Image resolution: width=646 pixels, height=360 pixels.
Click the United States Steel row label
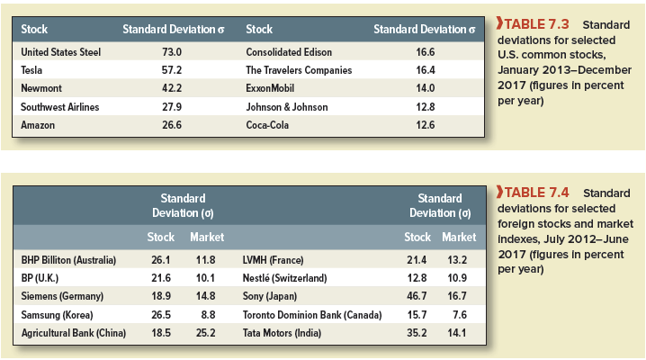tap(60, 52)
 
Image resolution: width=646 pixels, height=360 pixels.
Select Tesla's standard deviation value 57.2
tap(171, 70)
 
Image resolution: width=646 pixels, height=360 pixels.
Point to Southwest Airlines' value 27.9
tap(171, 106)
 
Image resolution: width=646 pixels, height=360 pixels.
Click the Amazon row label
tap(39, 124)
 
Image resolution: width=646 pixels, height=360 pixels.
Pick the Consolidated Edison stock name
tap(289, 52)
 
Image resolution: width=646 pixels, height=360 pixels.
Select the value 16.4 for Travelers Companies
tap(426, 70)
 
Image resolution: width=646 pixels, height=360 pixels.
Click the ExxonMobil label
tap(270, 88)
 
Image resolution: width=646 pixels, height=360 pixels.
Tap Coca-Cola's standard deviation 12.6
tap(426, 124)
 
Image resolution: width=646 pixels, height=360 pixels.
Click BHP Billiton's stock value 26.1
tap(159, 260)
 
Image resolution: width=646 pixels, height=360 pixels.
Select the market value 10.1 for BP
tap(206, 278)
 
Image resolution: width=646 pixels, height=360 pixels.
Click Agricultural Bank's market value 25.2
tap(206, 333)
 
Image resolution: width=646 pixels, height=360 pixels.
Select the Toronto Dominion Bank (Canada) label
tap(312, 315)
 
